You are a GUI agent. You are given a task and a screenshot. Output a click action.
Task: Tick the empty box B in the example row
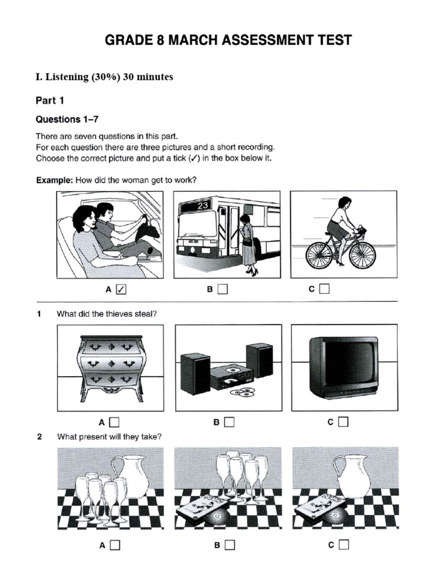point(222,289)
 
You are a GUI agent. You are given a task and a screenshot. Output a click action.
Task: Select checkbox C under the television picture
point(343,422)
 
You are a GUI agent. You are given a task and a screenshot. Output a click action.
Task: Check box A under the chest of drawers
point(115,422)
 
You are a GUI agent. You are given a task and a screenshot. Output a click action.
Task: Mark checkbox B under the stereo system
point(229,422)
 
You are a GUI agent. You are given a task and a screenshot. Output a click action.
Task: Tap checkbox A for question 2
point(115,545)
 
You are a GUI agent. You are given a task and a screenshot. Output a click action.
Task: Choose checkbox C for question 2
point(343,545)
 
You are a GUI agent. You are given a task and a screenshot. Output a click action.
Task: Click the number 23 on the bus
point(203,204)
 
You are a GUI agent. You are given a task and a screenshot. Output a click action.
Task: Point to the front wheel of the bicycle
point(363,254)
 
